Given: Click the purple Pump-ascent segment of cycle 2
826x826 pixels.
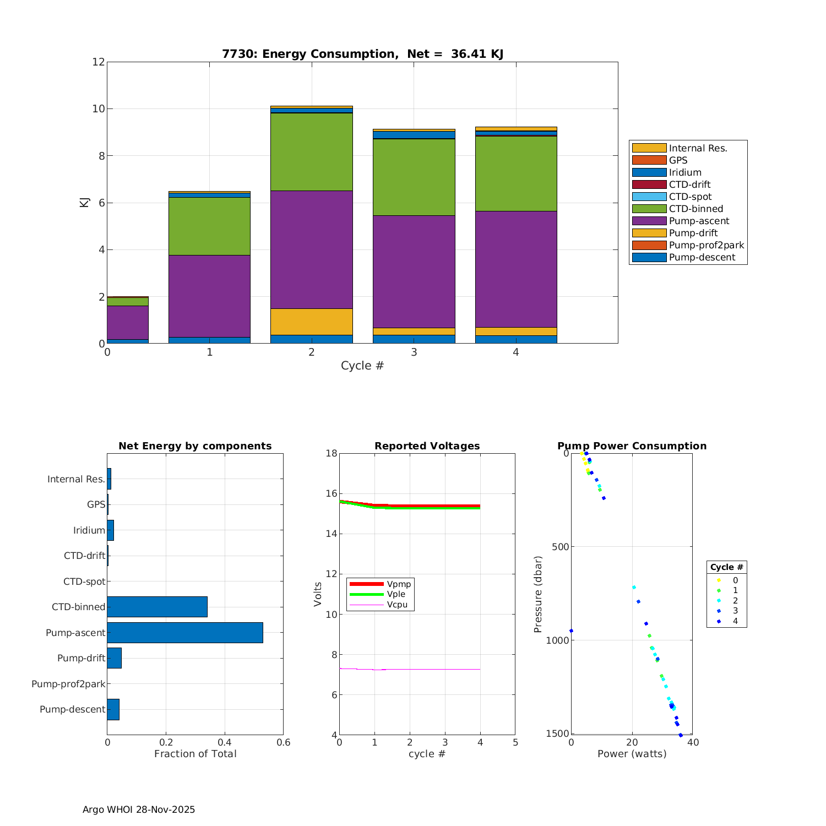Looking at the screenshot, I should click(x=312, y=249).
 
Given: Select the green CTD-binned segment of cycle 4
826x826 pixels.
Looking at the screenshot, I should click(x=516, y=173).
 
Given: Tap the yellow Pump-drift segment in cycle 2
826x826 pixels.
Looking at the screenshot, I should click(x=312, y=322).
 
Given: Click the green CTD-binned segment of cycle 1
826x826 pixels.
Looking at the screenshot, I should click(x=209, y=226).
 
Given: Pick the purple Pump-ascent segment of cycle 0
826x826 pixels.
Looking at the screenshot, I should click(x=128, y=322).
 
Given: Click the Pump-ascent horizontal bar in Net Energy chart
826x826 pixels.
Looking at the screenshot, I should click(x=185, y=633).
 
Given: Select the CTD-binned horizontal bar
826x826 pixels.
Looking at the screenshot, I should click(x=157, y=607).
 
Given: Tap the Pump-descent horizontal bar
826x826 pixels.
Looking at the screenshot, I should click(x=113, y=709).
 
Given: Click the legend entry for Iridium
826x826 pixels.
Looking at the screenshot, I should click(x=685, y=172).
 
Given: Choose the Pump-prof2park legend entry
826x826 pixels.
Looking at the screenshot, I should click(x=706, y=245).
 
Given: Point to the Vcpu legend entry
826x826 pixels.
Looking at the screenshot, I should click(x=397, y=605).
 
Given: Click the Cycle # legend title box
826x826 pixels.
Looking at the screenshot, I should click(x=726, y=567).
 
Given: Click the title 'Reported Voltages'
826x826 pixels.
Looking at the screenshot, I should click(x=427, y=446).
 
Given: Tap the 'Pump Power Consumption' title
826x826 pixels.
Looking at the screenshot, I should click(x=632, y=446).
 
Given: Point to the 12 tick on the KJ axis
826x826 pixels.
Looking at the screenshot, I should click(x=99, y=62).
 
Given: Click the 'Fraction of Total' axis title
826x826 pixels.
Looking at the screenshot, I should click(x=195, y=754).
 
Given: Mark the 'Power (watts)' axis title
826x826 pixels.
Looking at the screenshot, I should click(x=632, y=754).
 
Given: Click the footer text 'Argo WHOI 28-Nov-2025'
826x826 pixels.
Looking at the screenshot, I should click(x=139, y=809).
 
